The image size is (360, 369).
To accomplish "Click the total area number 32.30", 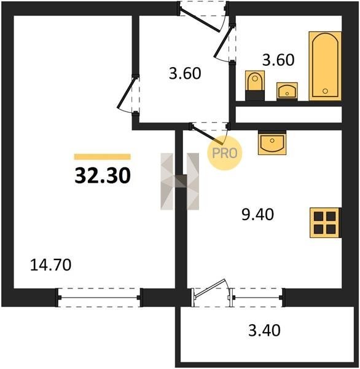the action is [103, 176].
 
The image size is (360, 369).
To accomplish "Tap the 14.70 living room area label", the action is [51, 264].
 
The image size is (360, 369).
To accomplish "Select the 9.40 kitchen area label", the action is [258, 215].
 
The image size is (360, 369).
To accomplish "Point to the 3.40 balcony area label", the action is [264, 330].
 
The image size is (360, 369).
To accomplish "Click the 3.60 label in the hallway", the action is [185, 73].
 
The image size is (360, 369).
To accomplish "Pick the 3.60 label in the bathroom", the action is [278, 60].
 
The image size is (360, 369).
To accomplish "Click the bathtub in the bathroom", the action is [325, 66].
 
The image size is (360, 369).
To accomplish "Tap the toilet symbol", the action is [255, 85].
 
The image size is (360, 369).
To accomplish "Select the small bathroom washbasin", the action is [287, 91].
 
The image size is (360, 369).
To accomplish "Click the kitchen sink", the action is [272, 143].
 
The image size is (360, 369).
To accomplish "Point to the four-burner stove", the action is [326, 223].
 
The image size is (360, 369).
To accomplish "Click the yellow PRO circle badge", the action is [225, 153].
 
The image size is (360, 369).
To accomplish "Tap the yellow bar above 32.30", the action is [102, 157].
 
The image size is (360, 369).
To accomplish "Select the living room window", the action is [99, 298].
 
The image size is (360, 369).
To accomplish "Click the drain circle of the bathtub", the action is [325, 91].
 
